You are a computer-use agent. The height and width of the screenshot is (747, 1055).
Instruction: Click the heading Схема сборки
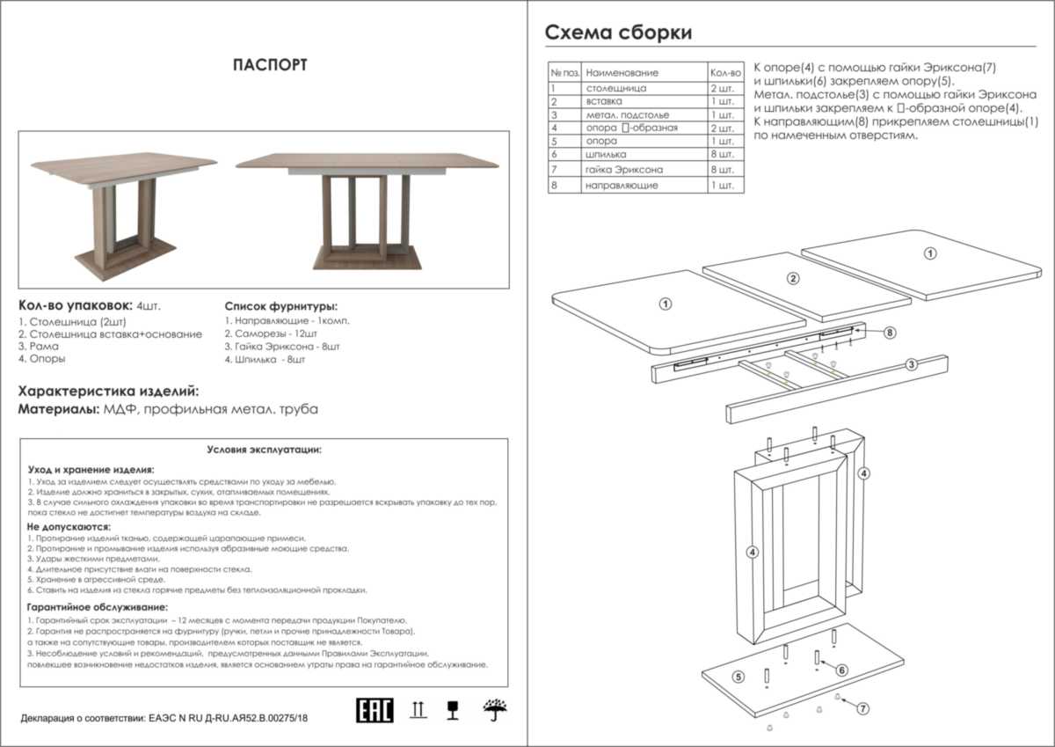coord(618,33)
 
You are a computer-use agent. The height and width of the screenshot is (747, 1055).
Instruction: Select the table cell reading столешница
coord(616,89)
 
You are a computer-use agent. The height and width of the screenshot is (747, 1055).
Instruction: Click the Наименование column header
coord(622,72)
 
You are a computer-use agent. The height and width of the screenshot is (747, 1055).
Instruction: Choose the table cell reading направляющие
coord(622,186)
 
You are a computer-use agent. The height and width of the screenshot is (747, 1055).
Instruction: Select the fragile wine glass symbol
coord(454,709)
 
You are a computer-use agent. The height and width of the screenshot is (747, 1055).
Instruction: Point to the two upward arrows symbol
coord(418,709)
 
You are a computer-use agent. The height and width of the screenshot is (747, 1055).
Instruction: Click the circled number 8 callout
coord(890,333)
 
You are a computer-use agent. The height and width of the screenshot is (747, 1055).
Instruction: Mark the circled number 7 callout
coord(862,707)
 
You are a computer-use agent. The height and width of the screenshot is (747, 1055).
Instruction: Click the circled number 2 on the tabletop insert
coord(792,279)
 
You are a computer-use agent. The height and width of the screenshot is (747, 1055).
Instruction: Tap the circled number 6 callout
coord(841,670)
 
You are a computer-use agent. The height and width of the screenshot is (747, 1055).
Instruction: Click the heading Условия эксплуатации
coord(264,450)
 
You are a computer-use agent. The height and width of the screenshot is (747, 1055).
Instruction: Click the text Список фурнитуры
coord(280,306)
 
